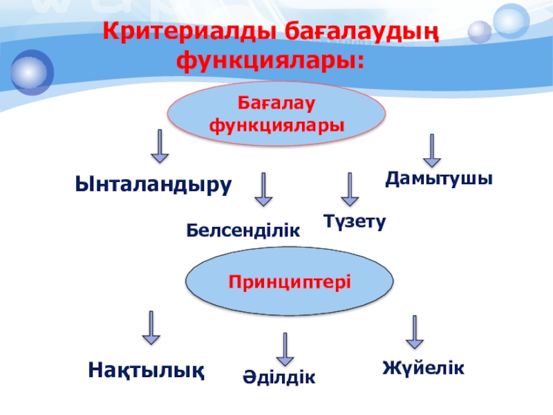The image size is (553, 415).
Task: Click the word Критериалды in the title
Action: coord(184,32)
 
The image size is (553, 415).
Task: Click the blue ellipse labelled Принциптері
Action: coord(290,282)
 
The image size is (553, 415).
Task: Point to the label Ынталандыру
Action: coord(153,185)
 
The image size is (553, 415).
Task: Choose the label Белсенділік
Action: coord(243,230)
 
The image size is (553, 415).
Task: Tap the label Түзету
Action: coord(355,221)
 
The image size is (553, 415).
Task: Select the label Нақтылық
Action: coord(146,369)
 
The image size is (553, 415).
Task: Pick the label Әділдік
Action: coord(279,378)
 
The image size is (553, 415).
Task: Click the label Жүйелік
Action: coord(423,367)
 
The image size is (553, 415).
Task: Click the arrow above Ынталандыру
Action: coord(160,146)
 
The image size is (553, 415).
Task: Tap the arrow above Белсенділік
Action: coord(263,190)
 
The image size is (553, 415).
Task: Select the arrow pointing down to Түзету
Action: coord(350,190)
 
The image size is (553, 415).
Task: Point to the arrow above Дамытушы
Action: coord(433,151)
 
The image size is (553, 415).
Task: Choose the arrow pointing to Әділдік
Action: coord(284,349)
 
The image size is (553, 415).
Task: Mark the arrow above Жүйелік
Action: coord(414,333)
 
